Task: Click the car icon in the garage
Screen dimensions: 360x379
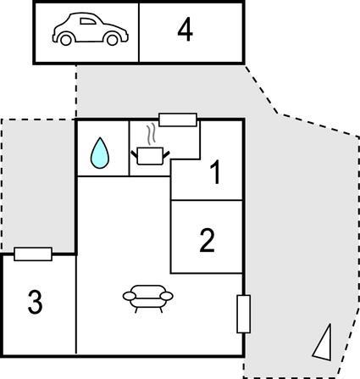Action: (x=91, y=29)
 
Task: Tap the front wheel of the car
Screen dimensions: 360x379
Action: (x=113, y=40)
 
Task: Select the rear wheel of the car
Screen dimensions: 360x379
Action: (x=66, y=40)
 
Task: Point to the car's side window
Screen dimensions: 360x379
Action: (x=88, y=21)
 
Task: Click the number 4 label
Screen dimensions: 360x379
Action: (x=185, y=31)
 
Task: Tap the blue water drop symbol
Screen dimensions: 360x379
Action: (x=100, y=153)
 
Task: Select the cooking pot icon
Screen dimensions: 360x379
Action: (x=150, y=156)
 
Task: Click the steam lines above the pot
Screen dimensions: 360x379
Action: (x=152, y=134)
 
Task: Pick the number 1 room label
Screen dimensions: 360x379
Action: (x=215, y=172)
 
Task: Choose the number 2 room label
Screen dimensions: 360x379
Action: (x=208, y=240)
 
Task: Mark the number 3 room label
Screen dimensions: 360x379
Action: (x=35, y=302)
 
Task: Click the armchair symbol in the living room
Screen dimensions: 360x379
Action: (x=148, y=298)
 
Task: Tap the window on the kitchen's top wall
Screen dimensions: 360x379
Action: (x=178, y=120)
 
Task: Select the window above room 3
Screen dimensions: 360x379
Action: (x=33, y=254)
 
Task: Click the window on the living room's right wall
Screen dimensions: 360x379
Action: (x=243, y=314)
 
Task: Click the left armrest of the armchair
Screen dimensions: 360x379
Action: (x=130, y=296)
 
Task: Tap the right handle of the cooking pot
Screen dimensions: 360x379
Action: (x=166, y=153)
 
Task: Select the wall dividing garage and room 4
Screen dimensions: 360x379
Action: (x=139, y=32)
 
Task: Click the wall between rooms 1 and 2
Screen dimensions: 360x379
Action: (x=207, y=200)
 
